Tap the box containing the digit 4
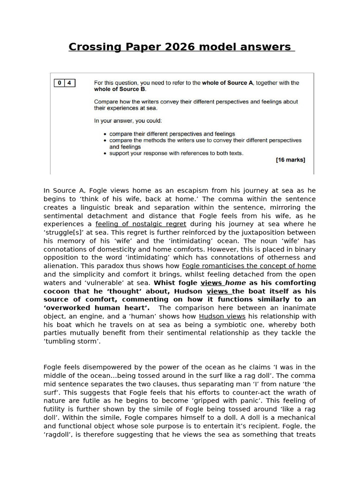point(69,83)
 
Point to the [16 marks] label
point(290,160)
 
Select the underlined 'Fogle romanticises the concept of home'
point(249,266)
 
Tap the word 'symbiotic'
point(212,324)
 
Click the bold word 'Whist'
point(165,283)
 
